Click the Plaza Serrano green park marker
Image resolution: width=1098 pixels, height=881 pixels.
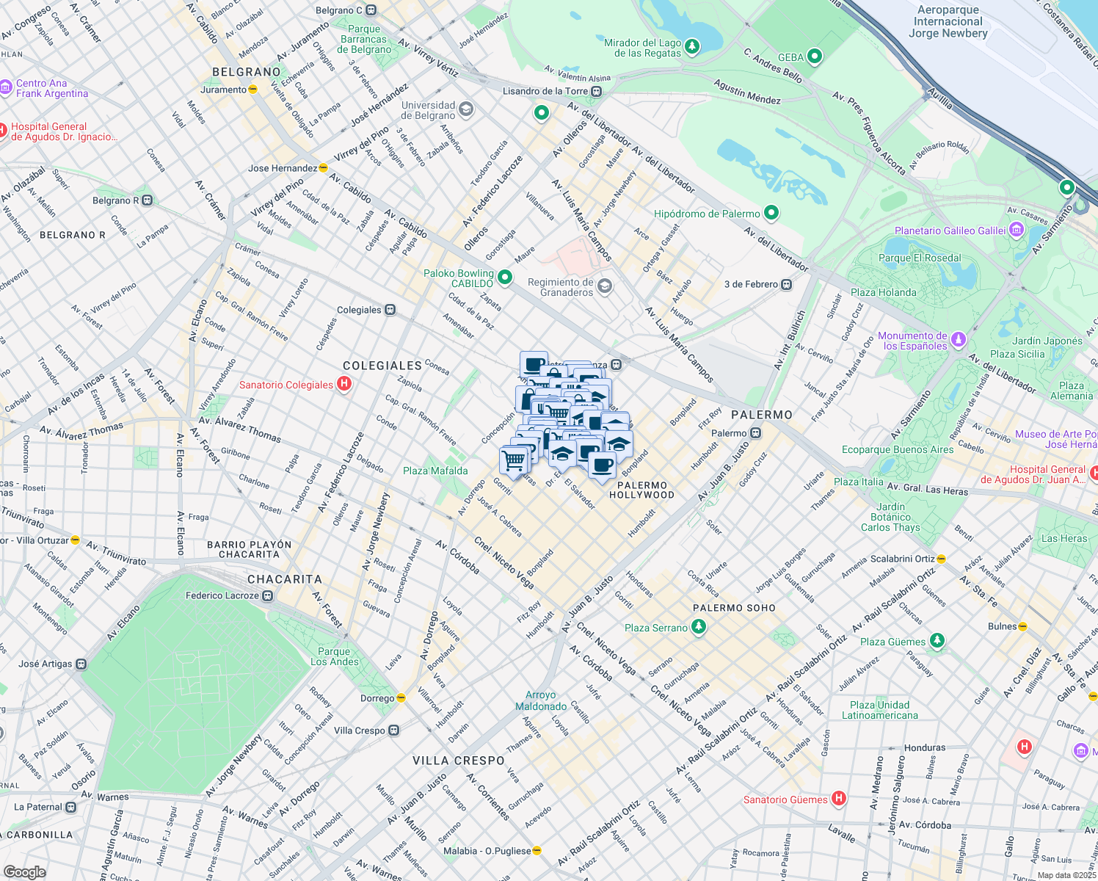[699, 627]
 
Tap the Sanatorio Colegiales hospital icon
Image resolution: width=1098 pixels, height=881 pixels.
[343, 384]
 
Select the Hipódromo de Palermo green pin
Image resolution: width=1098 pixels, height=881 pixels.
[771, 214]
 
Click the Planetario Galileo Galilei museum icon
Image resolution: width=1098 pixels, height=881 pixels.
[1016, 231]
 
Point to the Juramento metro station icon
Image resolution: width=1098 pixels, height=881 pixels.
[253, 90]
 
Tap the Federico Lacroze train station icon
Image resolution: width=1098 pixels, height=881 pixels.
[268, 595]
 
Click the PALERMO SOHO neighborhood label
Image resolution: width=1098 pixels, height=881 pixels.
[734, 608]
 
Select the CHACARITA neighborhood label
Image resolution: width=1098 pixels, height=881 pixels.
[284, 579]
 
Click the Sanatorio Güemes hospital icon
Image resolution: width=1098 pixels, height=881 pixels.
[839, 799]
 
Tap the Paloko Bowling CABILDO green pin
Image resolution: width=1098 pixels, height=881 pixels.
[504, 278]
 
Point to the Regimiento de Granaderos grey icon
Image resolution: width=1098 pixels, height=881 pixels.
[604, 286]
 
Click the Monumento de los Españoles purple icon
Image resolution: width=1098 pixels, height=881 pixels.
[958, 340]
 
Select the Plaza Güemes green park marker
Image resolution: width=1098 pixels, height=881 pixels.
[937, 641]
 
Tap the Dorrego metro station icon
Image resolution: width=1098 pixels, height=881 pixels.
[401, 698]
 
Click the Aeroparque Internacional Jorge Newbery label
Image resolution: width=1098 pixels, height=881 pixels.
[948, 21]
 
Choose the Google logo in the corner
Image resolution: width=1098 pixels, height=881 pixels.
[24, 871]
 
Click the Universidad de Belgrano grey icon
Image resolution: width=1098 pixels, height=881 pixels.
[465, 110]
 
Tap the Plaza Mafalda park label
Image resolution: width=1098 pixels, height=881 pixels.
[435, 471]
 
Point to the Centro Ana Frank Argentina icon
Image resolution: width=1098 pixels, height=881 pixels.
[6, 87]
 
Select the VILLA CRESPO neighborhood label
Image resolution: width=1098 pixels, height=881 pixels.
[458, 761]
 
